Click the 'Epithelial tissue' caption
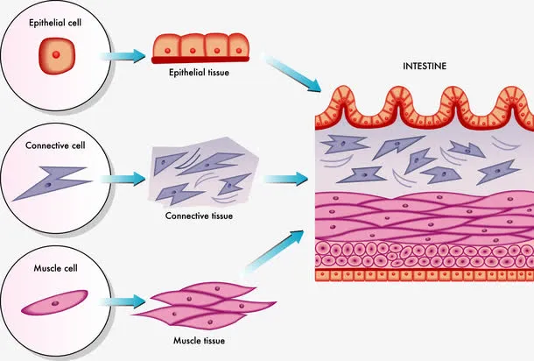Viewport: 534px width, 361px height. click(200, 73)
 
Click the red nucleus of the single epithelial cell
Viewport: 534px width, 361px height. click(54, 55)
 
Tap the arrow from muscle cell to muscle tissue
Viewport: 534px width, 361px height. click(122, 303)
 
